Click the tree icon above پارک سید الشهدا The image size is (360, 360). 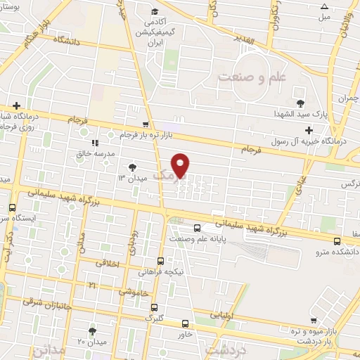(x=301, y=103)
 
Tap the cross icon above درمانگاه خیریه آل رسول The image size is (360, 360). (x=309, y=130)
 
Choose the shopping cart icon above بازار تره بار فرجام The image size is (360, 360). (x=146, y=124)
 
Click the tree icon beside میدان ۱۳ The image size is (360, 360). (x=132, y=167)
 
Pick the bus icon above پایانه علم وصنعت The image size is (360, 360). (x=197, y=227)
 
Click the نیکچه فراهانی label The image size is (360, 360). (x=161, y=271)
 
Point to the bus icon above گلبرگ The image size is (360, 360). (x=154, y=307)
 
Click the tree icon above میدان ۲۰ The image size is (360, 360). (x=94, y=331)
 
